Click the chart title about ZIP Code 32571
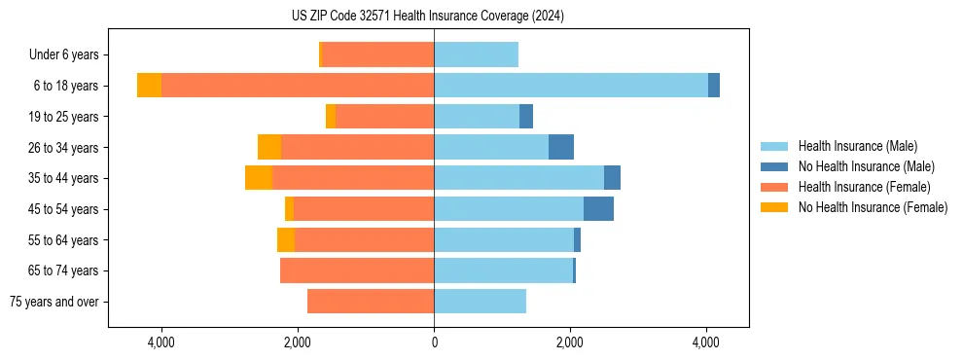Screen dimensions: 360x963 (427, 16)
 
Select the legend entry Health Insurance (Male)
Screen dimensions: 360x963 (857, 146)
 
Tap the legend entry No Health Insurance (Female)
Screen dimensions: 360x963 (873, 207)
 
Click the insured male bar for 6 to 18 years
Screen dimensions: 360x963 (571, 86)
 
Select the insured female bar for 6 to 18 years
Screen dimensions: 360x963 (298, 86)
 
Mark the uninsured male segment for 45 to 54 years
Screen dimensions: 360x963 (598, 209)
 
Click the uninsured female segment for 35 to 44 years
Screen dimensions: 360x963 (258, 178)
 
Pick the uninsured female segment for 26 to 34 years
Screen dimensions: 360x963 (269, 147)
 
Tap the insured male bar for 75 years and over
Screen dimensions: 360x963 (480, 302)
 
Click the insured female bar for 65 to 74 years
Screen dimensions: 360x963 (357, 270)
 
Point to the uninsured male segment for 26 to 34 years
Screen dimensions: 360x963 (561, 147)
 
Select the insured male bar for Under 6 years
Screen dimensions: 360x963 (476, 55)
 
